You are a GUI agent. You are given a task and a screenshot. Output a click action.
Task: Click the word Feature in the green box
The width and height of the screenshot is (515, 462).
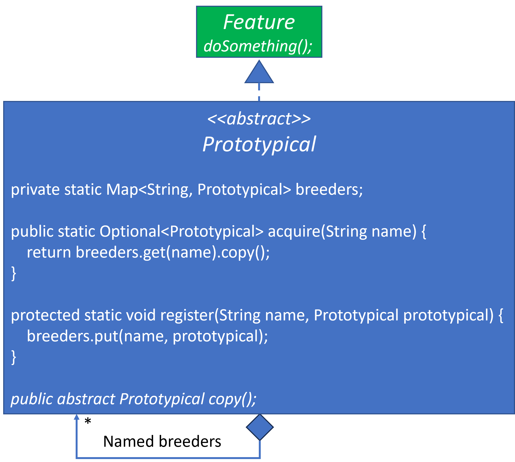pos(259,22)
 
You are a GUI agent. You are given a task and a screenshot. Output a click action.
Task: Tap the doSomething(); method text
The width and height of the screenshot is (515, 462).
pos(258,46)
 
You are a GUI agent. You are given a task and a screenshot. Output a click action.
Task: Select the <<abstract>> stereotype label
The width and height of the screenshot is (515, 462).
pos(259,119)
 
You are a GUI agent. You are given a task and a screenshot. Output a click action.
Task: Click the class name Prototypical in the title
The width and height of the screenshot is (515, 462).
pos(259,144)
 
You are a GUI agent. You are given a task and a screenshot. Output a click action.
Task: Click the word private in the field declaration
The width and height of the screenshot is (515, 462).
pos(35,190)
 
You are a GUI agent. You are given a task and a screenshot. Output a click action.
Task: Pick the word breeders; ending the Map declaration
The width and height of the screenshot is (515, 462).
pos(329,190)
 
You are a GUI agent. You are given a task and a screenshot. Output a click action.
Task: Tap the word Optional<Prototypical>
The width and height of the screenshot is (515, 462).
pos(181,232)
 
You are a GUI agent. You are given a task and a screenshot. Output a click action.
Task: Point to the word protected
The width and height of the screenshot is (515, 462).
pos(45,315)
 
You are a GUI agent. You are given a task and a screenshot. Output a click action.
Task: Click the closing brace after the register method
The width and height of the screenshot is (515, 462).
pos(14,357)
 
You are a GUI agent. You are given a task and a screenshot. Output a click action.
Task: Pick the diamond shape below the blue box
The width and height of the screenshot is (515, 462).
pos(260,427)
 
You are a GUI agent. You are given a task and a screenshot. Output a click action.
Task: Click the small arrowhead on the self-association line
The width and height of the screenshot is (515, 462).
pos(77,417)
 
